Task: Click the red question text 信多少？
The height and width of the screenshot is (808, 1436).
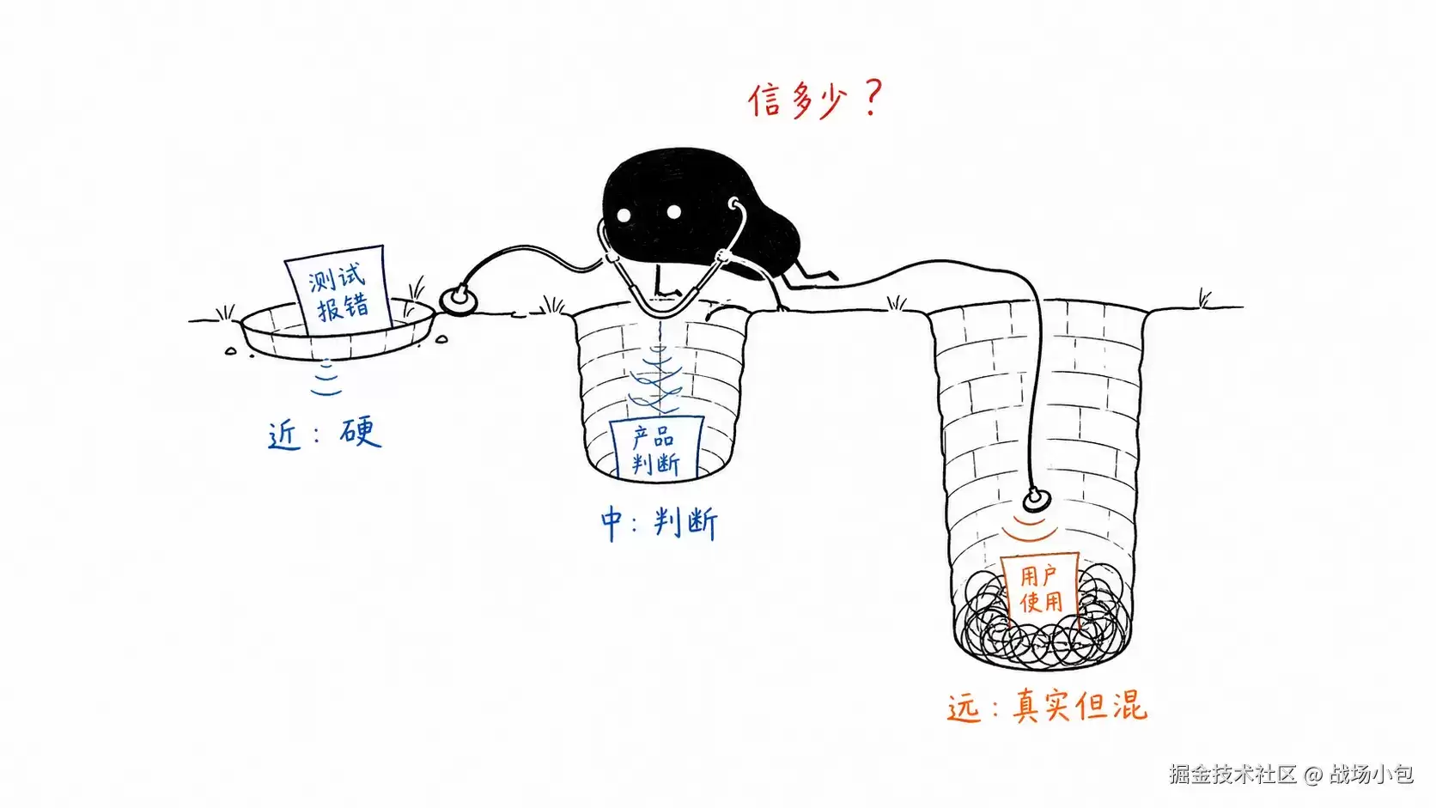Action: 816,100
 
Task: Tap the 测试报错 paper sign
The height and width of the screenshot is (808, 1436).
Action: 338,289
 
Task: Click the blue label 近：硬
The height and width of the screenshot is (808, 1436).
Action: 325,434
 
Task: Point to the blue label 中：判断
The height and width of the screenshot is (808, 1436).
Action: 659,524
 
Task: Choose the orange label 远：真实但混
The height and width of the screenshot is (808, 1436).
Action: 1047,707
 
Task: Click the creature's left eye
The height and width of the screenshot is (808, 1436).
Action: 624,216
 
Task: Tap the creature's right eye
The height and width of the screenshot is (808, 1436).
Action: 673,211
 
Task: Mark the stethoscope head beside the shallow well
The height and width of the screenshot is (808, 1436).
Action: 459,300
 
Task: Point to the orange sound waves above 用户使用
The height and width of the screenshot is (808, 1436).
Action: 1031,529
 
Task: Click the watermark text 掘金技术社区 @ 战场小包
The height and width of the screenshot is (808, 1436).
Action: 1291,774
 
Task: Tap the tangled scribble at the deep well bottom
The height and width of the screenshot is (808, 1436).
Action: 1042,622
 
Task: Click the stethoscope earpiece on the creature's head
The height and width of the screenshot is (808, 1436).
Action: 734,205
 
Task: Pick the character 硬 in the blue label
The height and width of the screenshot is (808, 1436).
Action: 361,433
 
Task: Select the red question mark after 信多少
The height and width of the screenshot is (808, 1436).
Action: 873,97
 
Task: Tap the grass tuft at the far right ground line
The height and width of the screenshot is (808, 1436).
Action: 1205,298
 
